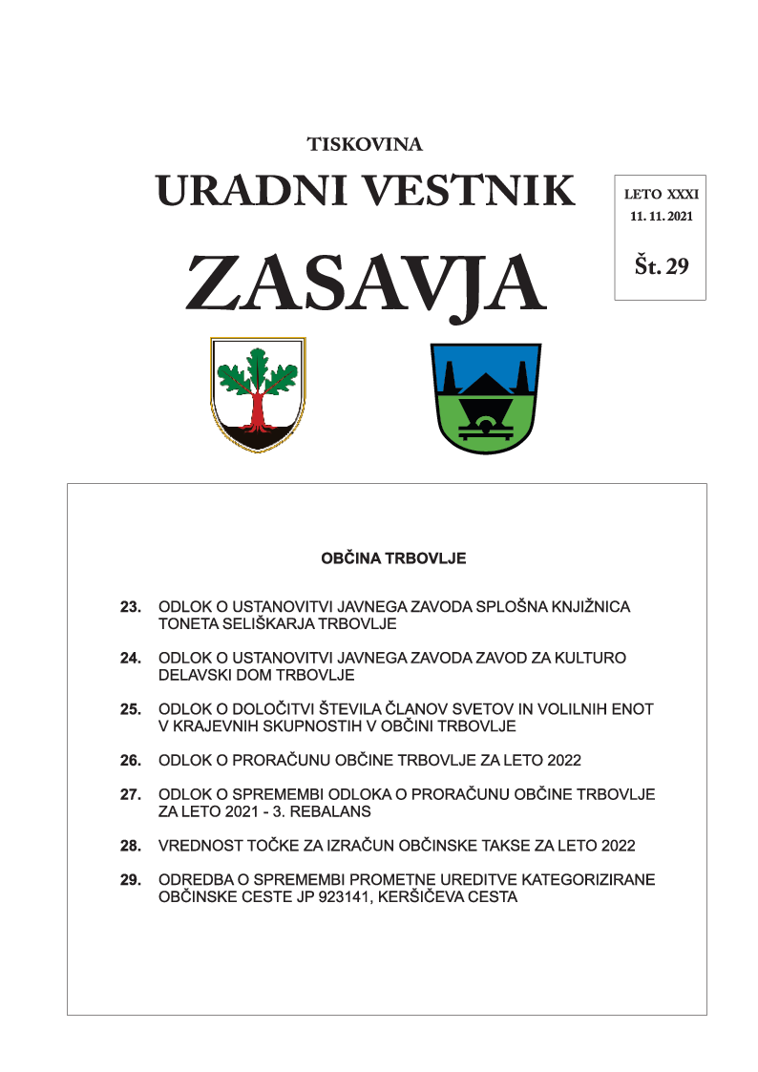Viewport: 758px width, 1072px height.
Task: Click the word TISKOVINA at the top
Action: pos(365,145)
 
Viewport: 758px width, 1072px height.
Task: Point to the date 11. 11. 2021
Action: pos(661,217)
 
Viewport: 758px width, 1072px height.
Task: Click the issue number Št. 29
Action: pos(661,266)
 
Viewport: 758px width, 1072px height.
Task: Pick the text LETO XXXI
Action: pos(661,194)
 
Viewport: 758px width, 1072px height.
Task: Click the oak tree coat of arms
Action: pos(257,392)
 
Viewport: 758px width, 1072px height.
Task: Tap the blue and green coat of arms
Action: pos(486,397)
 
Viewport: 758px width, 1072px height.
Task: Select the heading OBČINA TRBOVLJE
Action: pos(393,558)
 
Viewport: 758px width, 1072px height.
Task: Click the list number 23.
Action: pos(131,607)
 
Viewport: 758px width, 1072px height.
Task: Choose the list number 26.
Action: pos(131,761)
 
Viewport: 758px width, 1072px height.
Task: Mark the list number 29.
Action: pos(131,880)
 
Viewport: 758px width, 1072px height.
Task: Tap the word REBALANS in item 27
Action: pos(339,811)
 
